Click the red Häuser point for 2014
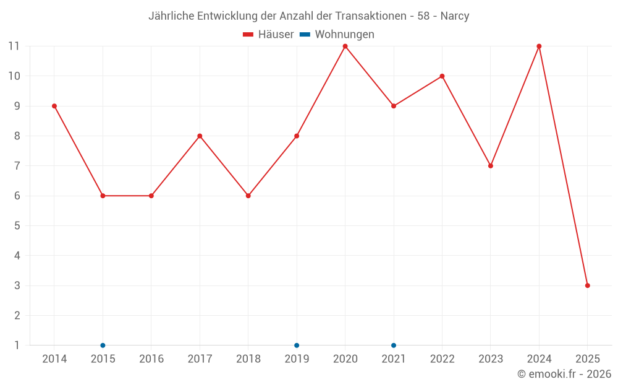[54, 106]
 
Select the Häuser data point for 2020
[345, 46]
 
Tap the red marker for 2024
[539, 46]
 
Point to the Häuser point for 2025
[587, 285]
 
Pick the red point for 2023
[491, 166]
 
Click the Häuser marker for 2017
[200, 136]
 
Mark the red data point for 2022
[442, 76]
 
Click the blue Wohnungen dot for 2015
[103, 345]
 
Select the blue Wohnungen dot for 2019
[297, 345]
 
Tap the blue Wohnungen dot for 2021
[394, 345]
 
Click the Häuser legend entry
[268, 35]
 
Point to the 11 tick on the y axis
[14, 46]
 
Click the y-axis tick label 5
[17, 225]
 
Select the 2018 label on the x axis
[248, 359]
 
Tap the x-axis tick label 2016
[151, 359]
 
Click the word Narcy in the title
[455, 16]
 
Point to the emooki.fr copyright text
[564, 374]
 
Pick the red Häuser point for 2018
[248, 196]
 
